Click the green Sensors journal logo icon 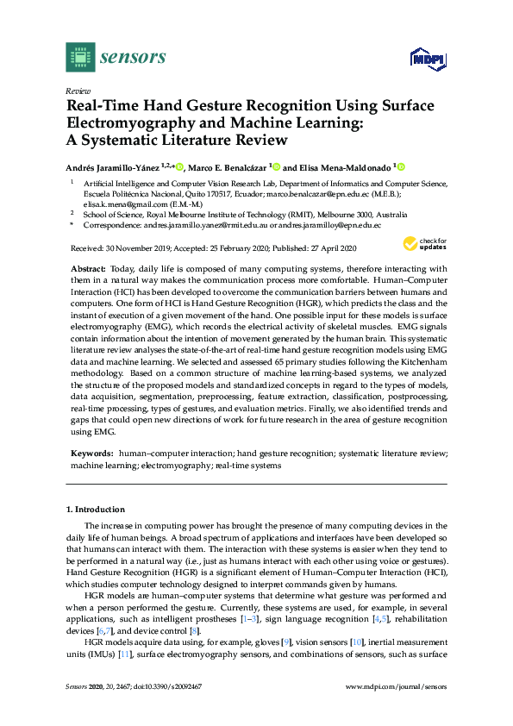[80, 57]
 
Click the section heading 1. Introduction [95, 510]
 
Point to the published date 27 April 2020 [333, 247]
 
